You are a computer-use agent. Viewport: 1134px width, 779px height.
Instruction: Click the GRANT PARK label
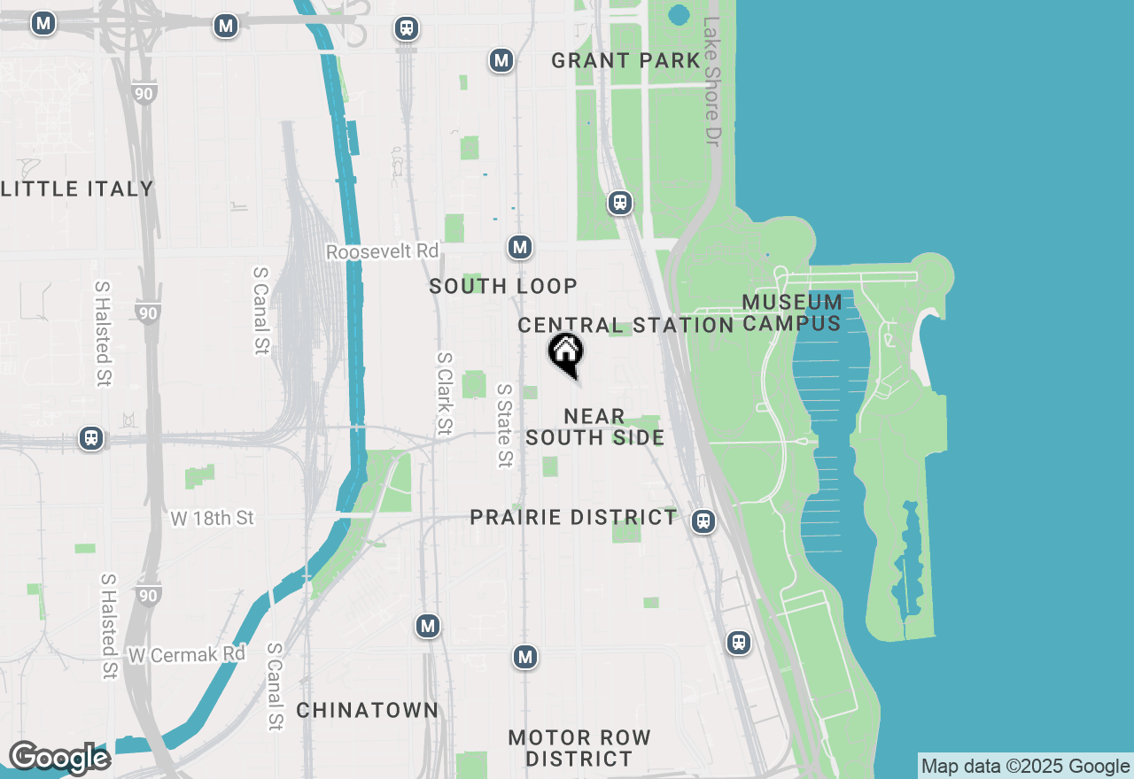(x=625, y=61)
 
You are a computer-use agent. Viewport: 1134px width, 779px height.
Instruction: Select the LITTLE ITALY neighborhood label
(x=77, y=189)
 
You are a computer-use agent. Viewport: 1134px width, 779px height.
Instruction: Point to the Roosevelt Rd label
(x=382, y=252)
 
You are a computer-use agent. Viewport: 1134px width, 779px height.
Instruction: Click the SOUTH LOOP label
(x=503, y=286)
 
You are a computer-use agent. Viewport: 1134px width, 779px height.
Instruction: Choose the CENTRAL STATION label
(x=625, y=325)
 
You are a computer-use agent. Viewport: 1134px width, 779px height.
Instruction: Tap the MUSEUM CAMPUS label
(x=792, y=312)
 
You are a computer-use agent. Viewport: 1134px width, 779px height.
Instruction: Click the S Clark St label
(x=444, y=393)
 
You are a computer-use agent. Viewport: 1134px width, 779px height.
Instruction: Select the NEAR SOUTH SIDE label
(x=594, y=427)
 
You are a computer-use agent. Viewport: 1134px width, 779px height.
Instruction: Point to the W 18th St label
(x=213, y=518)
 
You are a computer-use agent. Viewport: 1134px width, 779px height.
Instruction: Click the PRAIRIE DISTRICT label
(x=573, y=517)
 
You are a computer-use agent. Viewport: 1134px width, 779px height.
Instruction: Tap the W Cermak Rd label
(x=186, y=655)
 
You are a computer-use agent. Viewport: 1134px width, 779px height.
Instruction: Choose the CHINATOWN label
(x=367, y=710)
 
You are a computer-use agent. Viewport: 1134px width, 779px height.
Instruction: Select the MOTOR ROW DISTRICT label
(x=579, y=748)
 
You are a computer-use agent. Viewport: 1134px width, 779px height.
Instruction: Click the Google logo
(x=59, y=758)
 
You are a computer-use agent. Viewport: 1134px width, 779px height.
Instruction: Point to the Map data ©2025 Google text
(x=1025, y=767)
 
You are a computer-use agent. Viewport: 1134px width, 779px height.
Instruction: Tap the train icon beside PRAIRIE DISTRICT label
(x=703, y=521)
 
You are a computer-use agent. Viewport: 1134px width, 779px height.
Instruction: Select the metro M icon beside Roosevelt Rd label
(x=520, y=247)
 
